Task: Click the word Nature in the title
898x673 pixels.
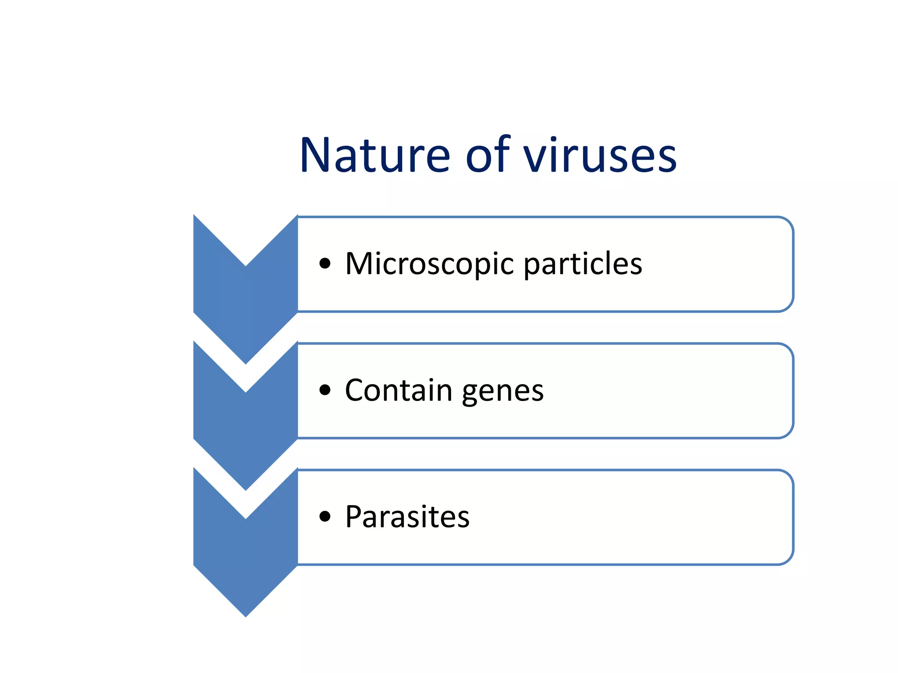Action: [375, 156]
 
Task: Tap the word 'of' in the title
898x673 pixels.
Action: [488, 156]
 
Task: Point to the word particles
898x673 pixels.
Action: [583, 264]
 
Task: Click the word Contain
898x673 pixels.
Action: [398, 390]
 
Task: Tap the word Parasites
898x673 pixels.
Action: [407, 517]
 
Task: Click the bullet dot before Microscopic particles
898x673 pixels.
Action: [325, 263]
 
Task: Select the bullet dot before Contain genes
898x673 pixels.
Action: [325, 390]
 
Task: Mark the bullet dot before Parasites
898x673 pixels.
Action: [325, 517]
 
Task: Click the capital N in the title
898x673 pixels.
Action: [316, 156]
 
